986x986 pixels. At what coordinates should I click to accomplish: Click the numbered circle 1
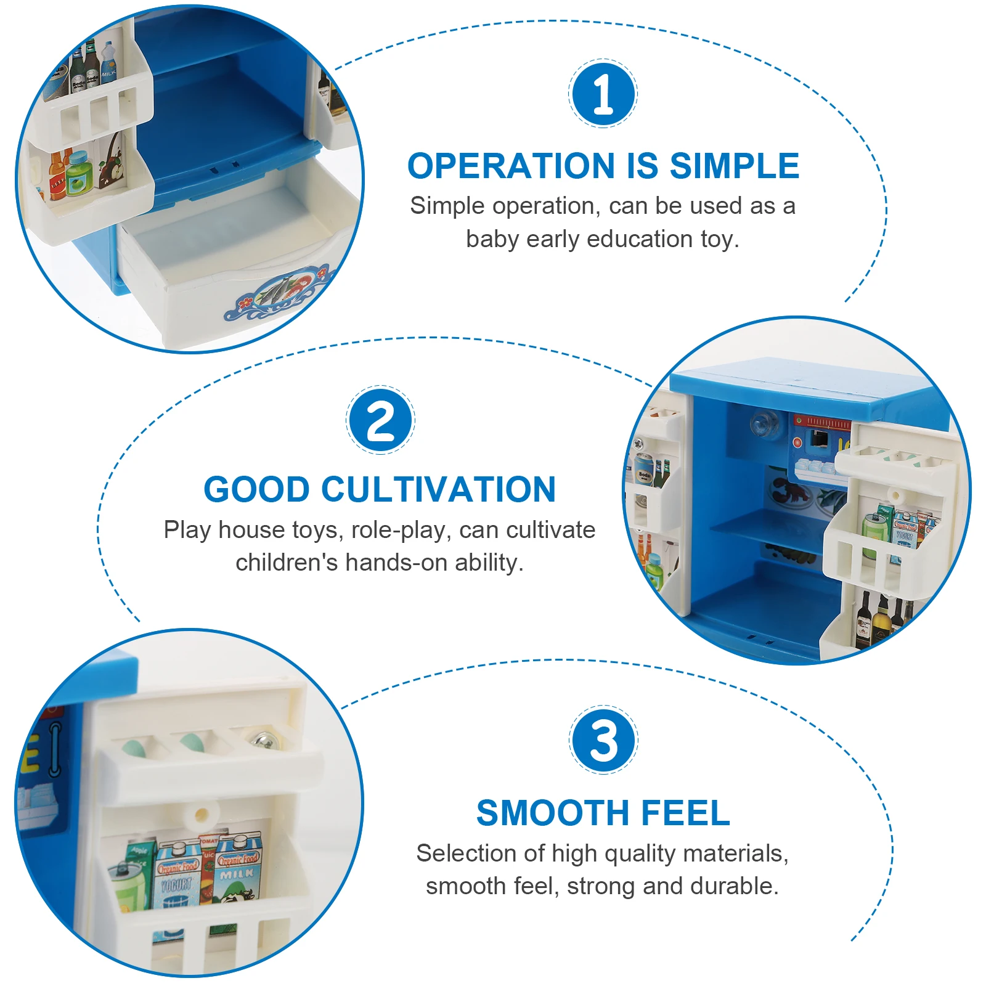pyautogui.click(x=603, y=94)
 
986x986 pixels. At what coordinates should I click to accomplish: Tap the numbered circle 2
pyautogui.click(x=380, y=420)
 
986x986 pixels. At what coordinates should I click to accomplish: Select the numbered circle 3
pyautogui.click(x=603, y=739)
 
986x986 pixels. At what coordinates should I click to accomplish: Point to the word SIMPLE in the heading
pyautogui.click(x=735, y=166)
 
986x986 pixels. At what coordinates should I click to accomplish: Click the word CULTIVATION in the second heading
pyautogui.click(x=438, y=489)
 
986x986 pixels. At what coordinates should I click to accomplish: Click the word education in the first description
pyautogui.click(x=640, y=239)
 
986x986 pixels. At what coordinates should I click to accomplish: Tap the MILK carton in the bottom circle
pyautogui.click(x=238, y=869)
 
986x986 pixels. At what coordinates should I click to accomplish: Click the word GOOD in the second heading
pyautogui.click(x=256, y=489)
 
